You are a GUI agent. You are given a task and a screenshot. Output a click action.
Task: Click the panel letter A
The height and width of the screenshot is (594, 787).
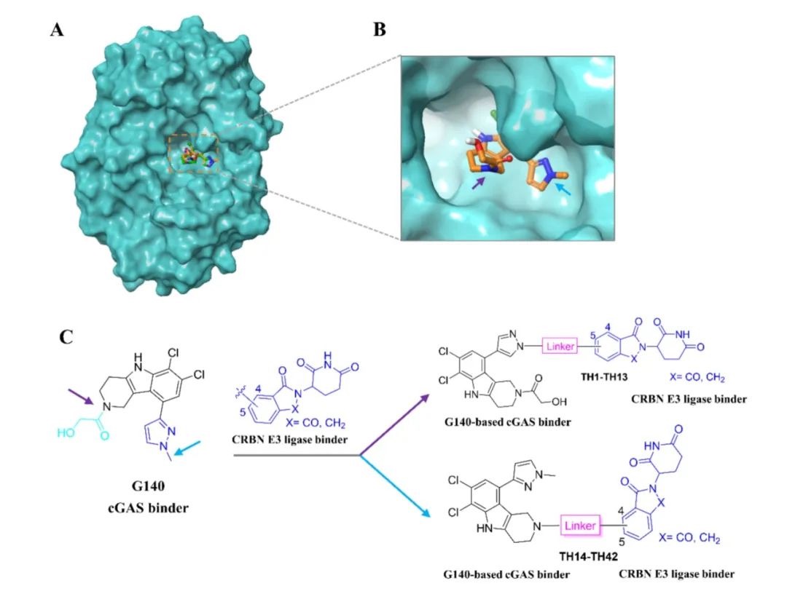56,31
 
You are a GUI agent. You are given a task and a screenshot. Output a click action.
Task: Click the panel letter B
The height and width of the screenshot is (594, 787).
380,31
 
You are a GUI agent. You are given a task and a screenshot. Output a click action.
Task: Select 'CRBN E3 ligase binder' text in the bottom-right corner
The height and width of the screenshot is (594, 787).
677,574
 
